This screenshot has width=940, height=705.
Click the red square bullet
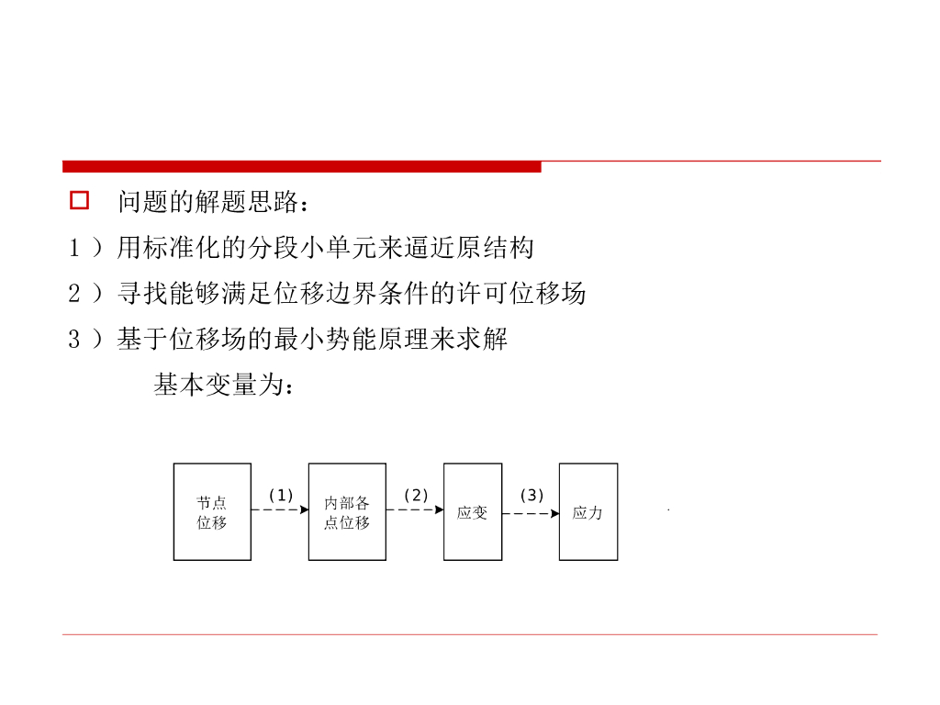[x=80, y=201]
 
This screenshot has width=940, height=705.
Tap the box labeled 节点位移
[x=212, y=512]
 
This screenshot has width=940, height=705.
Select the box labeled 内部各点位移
[x=347, y=512]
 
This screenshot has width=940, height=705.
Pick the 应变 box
[x=473, y=512]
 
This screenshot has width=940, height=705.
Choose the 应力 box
[x=588, y=512]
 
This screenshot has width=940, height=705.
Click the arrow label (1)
[x=281, y=496]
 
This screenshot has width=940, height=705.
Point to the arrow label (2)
[x=416, y=496]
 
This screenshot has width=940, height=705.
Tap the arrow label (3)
[x=532, y=496]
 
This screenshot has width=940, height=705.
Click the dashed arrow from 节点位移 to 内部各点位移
[x=280, y=510]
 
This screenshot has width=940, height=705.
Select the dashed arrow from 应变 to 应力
[x=531, y=513]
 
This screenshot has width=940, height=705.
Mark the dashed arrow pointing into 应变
[x=415, y=510]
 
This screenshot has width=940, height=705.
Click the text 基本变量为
[x=224, y=387]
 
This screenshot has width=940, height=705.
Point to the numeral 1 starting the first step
[x=74, y=248]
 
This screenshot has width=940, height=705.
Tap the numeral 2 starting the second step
[x=74, y=295]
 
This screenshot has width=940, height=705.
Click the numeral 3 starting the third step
[x=74, y=341]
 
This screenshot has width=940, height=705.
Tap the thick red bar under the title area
[x=302, y=166]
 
